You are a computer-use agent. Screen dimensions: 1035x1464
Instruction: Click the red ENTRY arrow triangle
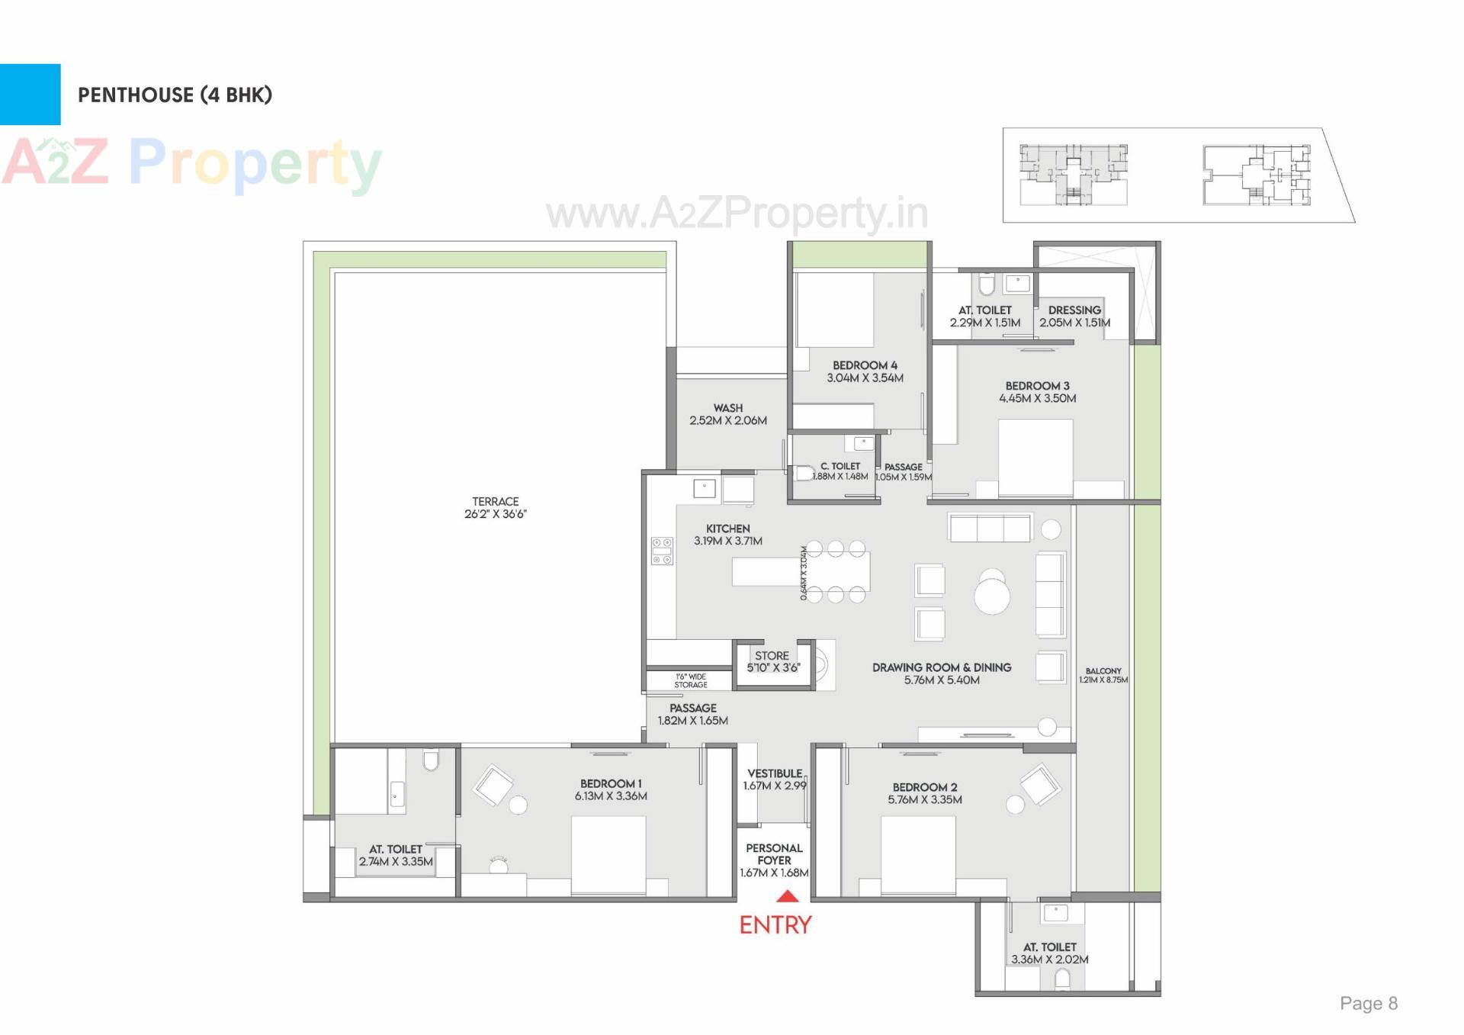click(787, 897)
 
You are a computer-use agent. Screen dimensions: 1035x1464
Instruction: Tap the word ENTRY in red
click(775, 925)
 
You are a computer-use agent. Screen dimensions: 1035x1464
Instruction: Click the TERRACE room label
click(496, 508)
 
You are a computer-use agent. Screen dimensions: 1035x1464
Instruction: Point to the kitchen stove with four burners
click(662, 551)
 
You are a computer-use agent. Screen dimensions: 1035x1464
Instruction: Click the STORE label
click(772, 661)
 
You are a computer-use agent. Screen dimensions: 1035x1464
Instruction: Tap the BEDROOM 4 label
click(865, 371)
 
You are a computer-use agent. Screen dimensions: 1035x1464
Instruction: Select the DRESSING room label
click(1074, 316)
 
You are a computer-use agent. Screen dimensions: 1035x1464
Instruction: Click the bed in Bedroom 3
click(1035, 458)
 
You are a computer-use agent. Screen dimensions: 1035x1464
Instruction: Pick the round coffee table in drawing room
click(992, 596)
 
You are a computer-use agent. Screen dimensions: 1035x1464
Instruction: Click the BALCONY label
click(1103, 675)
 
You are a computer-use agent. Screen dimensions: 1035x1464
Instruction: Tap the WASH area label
click(728, 414)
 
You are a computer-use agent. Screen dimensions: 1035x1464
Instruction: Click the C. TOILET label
click(840, 471)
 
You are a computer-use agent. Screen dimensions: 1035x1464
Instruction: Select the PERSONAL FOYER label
click(774, 860)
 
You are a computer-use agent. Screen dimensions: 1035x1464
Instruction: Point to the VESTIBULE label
click(775, 779)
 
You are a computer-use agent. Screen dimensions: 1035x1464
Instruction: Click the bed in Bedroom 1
click(608, 854)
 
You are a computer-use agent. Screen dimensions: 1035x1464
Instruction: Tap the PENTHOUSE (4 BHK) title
click(175, 95)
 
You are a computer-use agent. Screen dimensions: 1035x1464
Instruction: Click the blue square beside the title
click(30, 95)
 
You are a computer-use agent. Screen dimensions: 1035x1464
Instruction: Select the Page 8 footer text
click(1369, 1003)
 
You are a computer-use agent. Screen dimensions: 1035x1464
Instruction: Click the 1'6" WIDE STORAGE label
click(690, 680)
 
